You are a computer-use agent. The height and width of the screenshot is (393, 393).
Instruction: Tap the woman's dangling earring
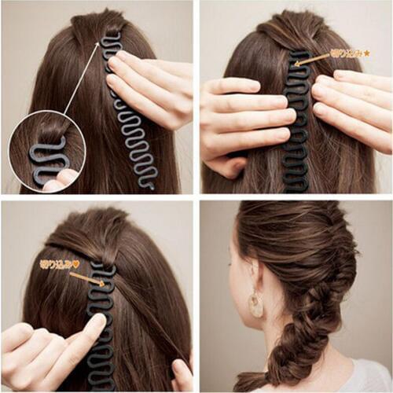pyautogui.click(x=256, y=304)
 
